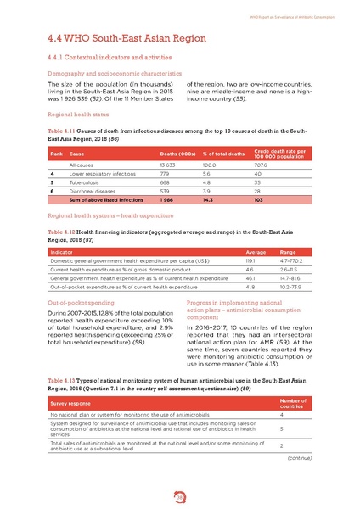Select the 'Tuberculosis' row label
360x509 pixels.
tap(83, 181)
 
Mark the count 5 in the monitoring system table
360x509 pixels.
tap(281, 429)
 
